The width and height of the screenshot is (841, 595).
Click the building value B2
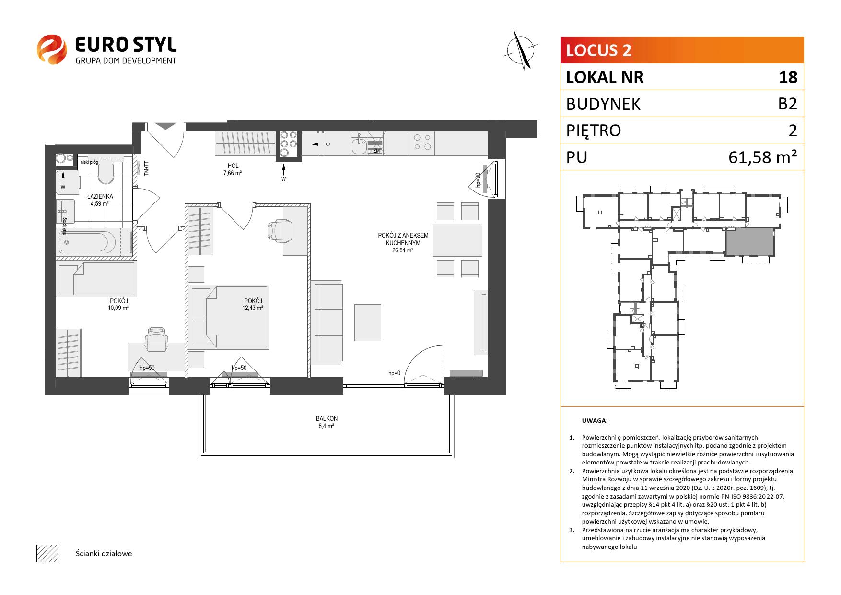[x=787, y=104]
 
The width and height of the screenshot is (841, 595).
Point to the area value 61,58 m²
[x=763, y=157]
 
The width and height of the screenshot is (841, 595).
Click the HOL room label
[x=232, y=166]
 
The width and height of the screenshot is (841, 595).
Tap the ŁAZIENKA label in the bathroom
[x=100, y=196]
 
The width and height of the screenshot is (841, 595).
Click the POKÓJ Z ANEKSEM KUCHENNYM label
[x=403, y=239]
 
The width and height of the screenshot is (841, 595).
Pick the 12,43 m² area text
[x=253, y=308]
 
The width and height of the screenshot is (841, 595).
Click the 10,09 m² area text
[x=118, y=308]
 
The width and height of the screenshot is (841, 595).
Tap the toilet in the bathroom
[x=105, y=173]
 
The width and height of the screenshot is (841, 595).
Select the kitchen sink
[x=359, y=143]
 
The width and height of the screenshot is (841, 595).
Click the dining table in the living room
[x=457, y=240]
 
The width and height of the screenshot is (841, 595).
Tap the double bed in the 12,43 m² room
[x=229, y=316]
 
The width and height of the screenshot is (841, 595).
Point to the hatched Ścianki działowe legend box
[x=47, y=553]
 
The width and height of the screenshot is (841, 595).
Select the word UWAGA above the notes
[x=595, y=421]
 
